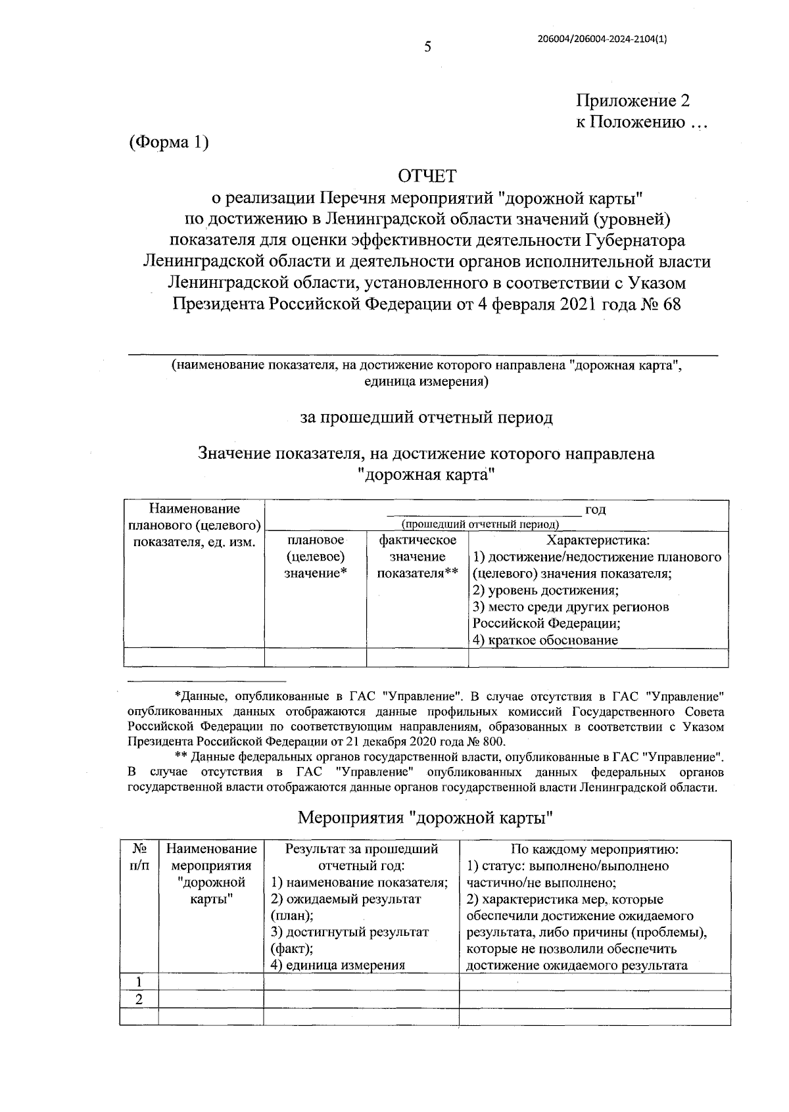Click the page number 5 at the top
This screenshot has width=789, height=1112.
pyautogui.click(x=427, y=47)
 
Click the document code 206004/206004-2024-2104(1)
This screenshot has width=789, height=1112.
pyautogui.click(x=602, y=39)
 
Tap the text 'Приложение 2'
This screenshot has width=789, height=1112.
pyautogui.click(x=633, y=101)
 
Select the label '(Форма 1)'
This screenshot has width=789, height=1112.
pyautogui.click(x=169, y=142)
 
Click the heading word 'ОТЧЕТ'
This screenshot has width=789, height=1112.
pyautogui.click(x=427, y=175)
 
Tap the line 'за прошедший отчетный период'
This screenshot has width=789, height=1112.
pyautogui.click(x=427, y=417)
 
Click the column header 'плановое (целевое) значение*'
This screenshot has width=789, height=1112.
pyautogui.click(x=315, y=557)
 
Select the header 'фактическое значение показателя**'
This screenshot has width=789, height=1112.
pyautogui.click(x=418, y=557)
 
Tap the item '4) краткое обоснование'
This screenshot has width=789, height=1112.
pyautogui.click(x=545, y=640)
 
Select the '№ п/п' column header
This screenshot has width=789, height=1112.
pyautogui.click(x=139, y=857)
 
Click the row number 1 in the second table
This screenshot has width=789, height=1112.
pyautogui.click(x=139, y=983)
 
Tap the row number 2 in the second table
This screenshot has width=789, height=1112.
pyautogui.click(x=139, y=1000)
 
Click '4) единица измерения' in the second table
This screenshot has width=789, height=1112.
pyautogui.click(x=338, y=965)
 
